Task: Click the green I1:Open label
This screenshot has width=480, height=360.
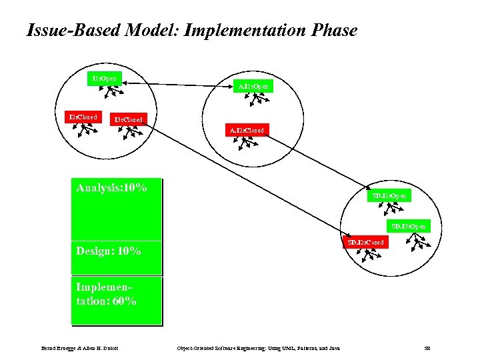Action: click(x=104, y=79)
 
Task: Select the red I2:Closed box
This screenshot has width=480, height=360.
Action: click(x=83, y=117)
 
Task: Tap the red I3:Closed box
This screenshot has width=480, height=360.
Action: click(x=126, y=120)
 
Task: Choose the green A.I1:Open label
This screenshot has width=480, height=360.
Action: click(x=255, y=86)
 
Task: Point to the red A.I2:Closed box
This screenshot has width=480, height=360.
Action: click(x=247, y=131)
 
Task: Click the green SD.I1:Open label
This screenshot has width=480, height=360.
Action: click(x=390, y=195)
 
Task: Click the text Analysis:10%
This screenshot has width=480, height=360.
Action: click(x=111, y=188)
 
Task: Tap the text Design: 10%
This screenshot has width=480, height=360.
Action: click(x=108, y=251)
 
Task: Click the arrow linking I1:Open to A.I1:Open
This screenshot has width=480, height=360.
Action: click(x=180, y=83)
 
